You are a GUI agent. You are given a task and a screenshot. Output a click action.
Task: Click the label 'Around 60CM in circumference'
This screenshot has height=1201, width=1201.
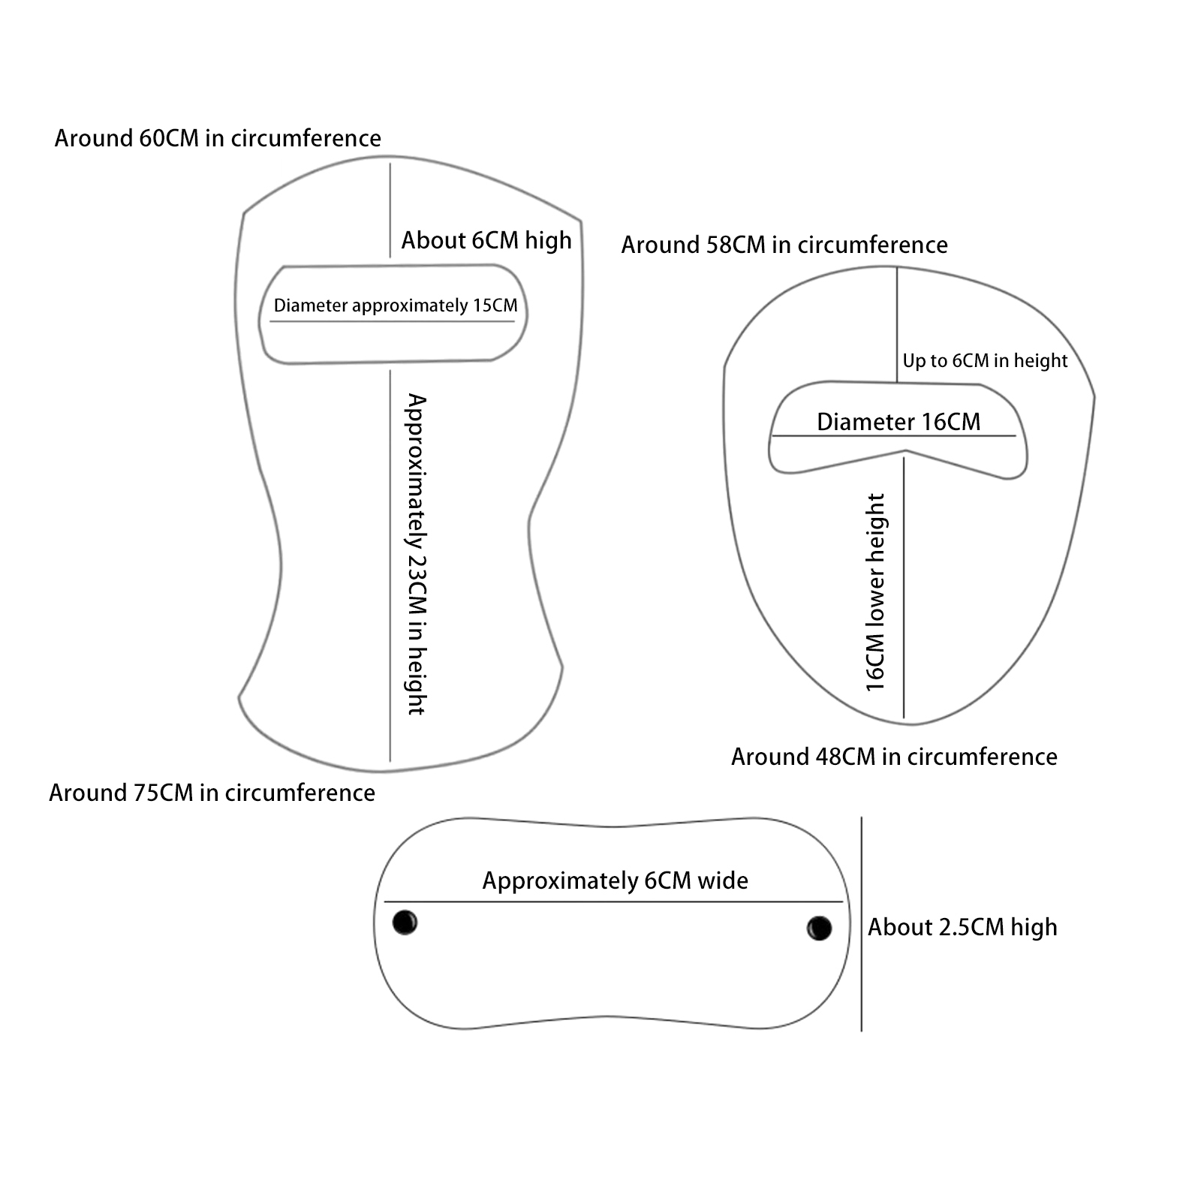[x=218, y=139]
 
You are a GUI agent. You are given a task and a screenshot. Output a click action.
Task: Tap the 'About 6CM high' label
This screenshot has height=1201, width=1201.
[x=486, y=241]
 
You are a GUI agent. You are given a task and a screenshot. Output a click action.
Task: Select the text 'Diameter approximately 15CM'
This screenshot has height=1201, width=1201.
[x=396, y=306]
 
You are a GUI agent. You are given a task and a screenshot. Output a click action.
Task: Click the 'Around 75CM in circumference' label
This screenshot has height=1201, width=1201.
[x=212, y=793]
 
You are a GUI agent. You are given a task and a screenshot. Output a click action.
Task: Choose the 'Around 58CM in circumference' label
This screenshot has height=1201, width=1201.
[x=784, y=245]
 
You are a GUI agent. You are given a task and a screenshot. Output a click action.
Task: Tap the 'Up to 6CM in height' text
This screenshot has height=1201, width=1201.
[x=985, y=361]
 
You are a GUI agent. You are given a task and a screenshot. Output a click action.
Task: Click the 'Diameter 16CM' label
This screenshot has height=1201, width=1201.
[x=898, y=422]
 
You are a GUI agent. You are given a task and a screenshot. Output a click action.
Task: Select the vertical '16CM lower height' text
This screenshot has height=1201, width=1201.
[x=875, y=592]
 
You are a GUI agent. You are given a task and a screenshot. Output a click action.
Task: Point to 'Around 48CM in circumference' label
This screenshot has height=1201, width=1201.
[x=894, y=757]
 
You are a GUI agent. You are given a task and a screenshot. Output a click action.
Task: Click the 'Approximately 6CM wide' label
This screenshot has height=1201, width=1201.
[x=615, y=880]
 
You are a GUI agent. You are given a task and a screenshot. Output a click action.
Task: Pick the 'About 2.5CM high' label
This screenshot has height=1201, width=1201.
[x=962, y=928]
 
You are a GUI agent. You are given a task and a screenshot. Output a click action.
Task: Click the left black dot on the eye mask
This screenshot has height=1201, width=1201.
[x=405, y=922]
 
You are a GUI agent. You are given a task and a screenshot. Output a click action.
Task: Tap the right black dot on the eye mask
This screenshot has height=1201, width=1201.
[x=819, y=928]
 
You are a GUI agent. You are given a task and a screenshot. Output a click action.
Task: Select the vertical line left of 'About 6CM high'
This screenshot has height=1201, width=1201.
[x=390, y=210]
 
